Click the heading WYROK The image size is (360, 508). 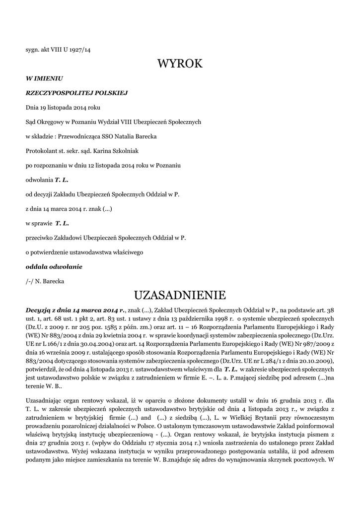(180, 64)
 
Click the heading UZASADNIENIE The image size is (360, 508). (180, 296)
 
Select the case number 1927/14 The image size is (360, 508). (80, 50)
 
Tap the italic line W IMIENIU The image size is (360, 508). (44, 78)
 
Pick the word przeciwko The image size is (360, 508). (39, 238)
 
